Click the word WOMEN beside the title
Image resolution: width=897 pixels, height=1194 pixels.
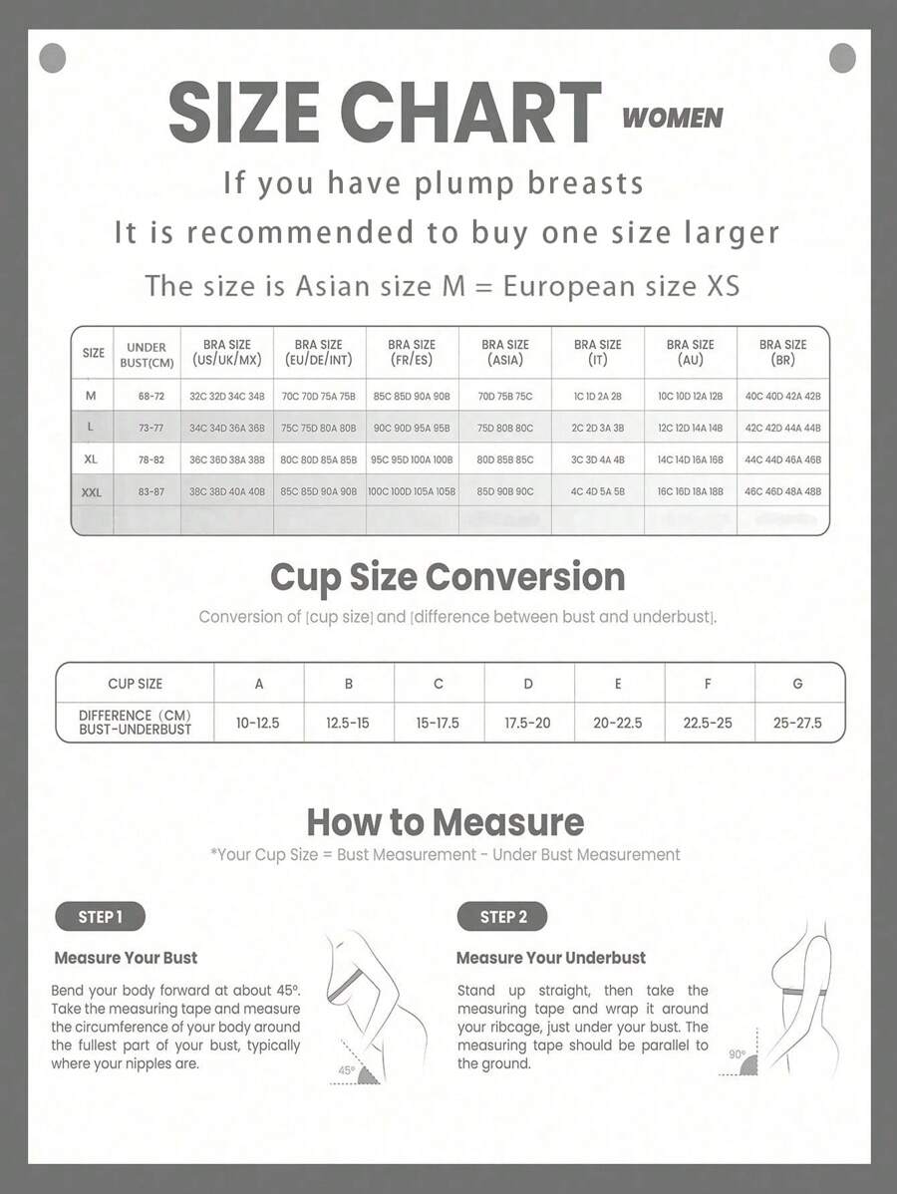point(672,118)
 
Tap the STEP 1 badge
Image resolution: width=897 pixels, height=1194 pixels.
point(100,917)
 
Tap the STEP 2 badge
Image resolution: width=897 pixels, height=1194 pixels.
point(502,917)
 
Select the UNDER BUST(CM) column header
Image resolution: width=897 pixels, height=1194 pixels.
point(147,354)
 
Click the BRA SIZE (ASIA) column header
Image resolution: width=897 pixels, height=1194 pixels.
point(504,352)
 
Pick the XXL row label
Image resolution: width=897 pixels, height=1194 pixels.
point(92,492)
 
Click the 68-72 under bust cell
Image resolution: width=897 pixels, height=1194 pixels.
point(151,396)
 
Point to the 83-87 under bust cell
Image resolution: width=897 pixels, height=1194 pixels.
point(151,492)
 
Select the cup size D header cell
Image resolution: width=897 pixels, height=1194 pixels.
point(528,684)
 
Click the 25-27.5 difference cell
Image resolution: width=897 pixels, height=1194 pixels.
point(797,723)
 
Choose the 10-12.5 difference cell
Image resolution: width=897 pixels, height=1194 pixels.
point(258,723)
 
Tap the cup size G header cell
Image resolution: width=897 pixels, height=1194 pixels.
point(797,684)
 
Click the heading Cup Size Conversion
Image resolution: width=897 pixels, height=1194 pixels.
point(448,577)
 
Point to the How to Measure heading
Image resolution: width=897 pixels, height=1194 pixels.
point(445,822)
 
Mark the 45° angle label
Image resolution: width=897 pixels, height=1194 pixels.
point(346,1069)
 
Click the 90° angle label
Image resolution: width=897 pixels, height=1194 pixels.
point(738,1053)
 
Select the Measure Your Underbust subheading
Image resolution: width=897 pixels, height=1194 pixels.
point(550,958)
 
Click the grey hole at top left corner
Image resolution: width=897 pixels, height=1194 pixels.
point(52,58)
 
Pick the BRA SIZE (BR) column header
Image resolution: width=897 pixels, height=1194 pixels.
point(782,352)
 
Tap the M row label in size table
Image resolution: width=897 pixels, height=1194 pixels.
point(92,396)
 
